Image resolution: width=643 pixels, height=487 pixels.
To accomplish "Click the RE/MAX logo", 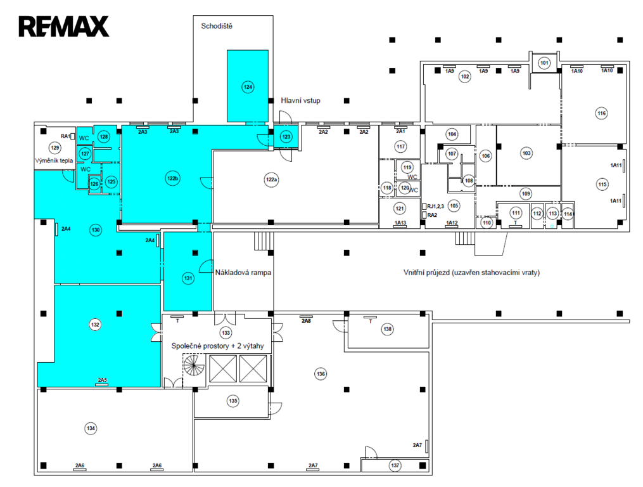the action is [x=64, y=27].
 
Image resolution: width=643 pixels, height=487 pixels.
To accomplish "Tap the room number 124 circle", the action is [x=248, y=87].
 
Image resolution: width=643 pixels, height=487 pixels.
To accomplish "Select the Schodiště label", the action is [x=217, y=26].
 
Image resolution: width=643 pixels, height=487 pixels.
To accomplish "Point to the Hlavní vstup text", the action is [x=300, y=101].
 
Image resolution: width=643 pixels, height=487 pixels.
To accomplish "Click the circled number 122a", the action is [x=272, y=179].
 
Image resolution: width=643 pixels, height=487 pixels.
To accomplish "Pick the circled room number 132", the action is [x=95, y=325].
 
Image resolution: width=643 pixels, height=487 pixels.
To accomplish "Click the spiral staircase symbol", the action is [x=194, y=365].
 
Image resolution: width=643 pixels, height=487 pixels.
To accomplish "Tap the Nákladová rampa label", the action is [x=243, y=273].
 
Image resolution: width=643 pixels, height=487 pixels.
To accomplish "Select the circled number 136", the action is [x=321, y=374].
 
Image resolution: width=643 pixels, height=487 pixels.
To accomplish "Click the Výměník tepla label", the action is [x=54, y=160].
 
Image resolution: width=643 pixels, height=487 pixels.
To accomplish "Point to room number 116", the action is [x=602, y=114].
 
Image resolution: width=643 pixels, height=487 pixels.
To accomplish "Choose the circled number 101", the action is [x=544, y=63].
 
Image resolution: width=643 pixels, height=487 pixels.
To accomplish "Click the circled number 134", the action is [x=91, y=428].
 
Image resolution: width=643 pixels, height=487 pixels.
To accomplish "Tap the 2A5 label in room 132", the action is [x=102, y=380].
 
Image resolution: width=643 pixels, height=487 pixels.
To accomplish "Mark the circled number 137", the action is [x=395, y=465].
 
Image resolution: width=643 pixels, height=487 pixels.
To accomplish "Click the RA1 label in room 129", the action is [x=66, y=136].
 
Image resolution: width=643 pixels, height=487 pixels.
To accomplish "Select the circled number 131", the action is [x=188, y=278].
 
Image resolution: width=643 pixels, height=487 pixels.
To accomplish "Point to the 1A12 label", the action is [x=452, y=223].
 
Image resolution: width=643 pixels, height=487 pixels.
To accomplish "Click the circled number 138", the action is [x=387, y=329].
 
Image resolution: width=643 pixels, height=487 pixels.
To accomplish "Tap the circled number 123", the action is [x=286, y=137].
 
